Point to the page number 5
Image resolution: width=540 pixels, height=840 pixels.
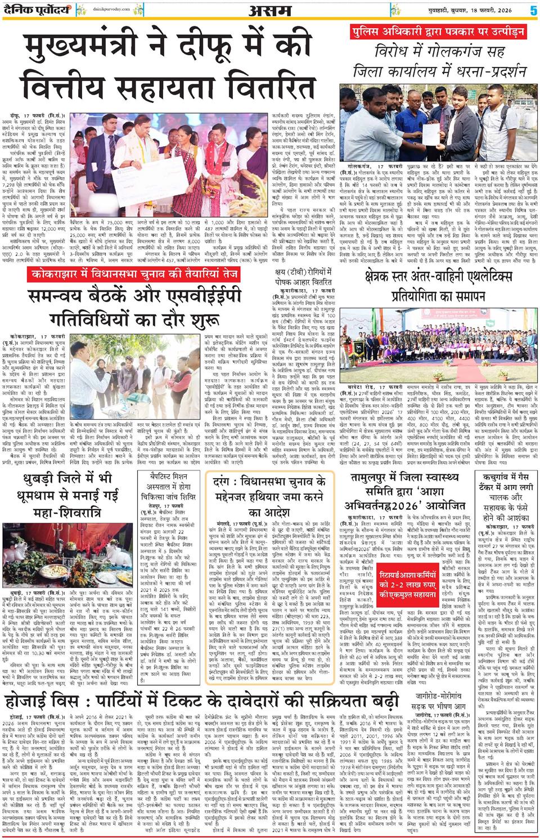tap(532, 10)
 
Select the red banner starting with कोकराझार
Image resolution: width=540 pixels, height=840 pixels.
tap(134, 275)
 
